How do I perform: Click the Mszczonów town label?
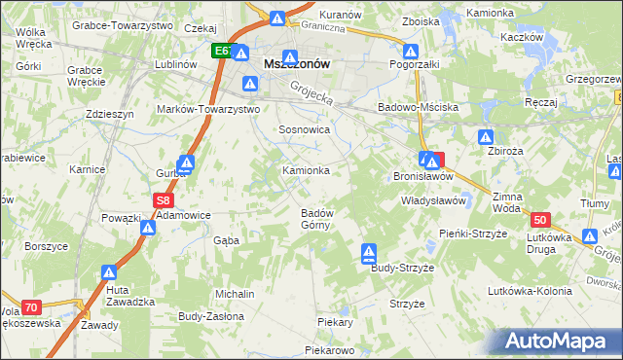pos(297,63)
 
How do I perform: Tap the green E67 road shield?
pos(223,50)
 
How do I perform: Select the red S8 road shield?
pos(164,200)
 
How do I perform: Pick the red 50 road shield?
pos(542,221)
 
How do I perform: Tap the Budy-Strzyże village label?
pos(401,268)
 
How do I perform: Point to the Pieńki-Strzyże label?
pos(474,234)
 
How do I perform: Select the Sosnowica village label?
pos(305,129)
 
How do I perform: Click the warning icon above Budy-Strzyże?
pos(369,254)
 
